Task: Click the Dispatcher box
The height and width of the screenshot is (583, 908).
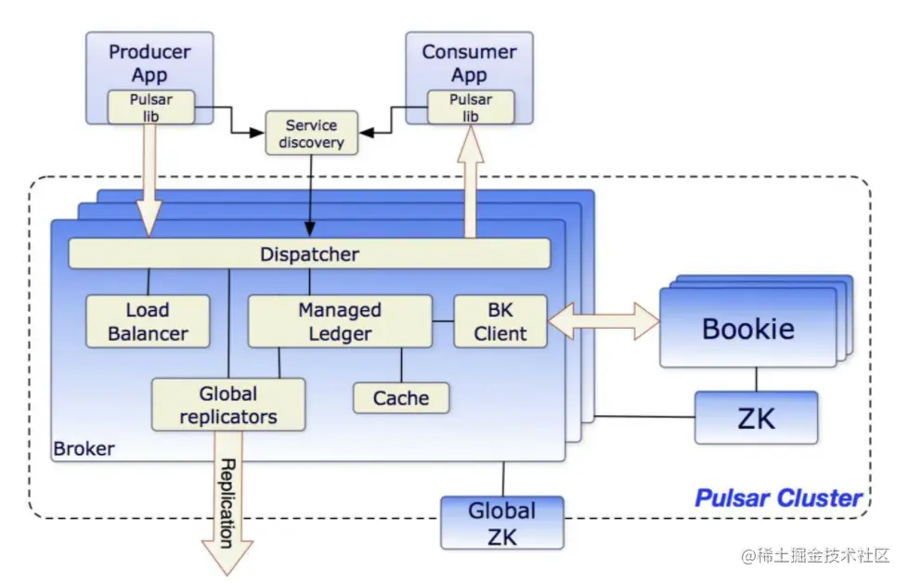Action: point(309,253)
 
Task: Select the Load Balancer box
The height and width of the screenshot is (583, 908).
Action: point(148,322)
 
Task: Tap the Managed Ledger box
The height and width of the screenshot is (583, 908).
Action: point(340,321)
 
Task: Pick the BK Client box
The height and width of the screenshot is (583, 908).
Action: point(500,321)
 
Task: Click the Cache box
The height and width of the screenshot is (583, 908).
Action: point(401,398)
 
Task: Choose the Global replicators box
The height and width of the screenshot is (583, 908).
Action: point(228,405)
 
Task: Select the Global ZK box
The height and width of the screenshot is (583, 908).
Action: point(501,523)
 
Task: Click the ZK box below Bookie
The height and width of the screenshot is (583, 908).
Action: point(756,417)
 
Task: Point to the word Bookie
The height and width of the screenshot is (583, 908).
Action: point(748,329)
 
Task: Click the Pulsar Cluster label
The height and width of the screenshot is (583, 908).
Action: point(779,498)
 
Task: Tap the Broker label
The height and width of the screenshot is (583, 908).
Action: point(84,449)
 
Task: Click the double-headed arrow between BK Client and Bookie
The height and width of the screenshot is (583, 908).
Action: point(603,321)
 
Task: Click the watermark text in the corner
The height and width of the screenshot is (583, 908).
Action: point(815,555)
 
